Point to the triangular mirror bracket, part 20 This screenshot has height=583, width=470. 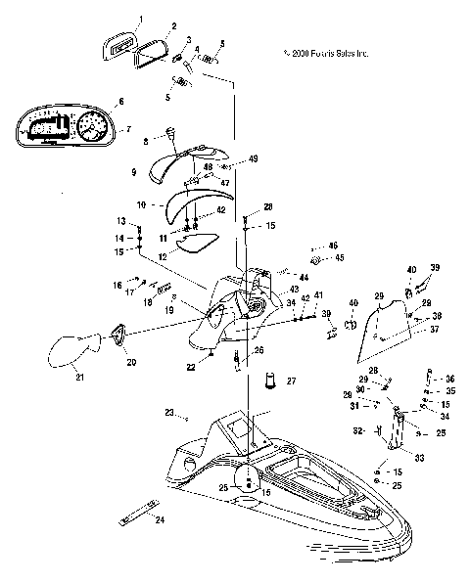click(x=118, y=335)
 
